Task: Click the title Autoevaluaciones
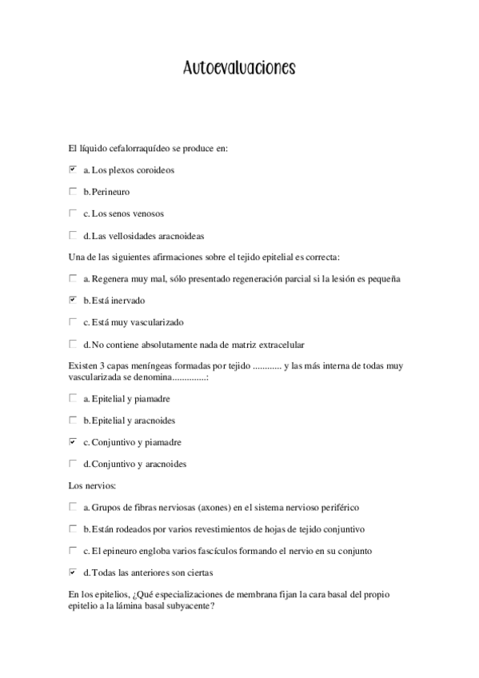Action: [x=239, y=69]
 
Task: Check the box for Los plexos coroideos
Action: [x=73, y=169]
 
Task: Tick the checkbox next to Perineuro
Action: [x=73, y=191]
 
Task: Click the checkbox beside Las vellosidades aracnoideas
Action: [x=73, y=235]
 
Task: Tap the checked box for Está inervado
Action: [x=73, y=300]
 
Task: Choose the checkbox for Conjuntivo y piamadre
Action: [x=73, y=441]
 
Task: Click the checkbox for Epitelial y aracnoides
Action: [x=73, y=420]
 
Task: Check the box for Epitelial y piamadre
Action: [x=73, y=397]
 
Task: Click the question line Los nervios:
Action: [x=94, y=485]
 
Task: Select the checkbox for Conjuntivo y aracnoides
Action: [x=73, y=463]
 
